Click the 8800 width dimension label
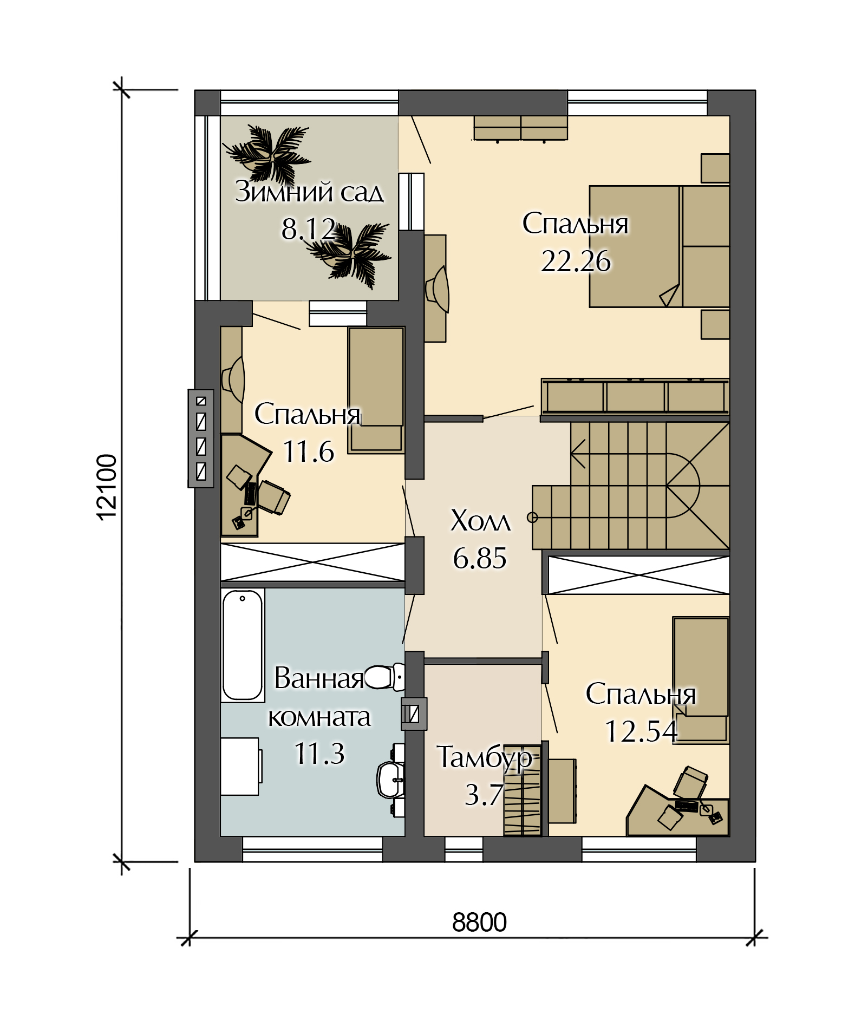479,922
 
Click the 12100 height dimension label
107,487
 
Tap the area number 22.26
576,261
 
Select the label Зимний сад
309,192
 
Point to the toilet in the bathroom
384,677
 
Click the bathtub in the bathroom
243,645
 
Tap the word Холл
480,521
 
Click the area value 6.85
480,558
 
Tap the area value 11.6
309,451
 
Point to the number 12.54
641,731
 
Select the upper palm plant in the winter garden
267,153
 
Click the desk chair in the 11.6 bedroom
273,497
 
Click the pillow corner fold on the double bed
670,296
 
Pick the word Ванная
319,678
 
